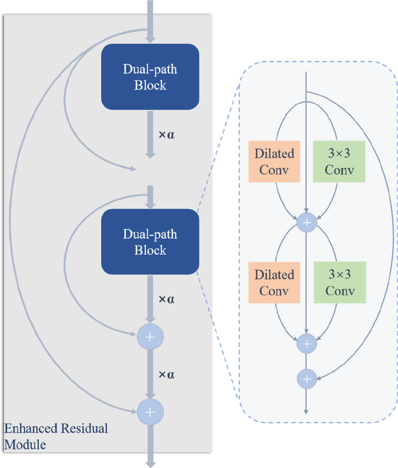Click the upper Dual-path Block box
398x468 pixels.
point(150,77)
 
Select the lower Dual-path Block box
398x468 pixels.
point(150,242)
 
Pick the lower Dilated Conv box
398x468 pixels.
point(274,282)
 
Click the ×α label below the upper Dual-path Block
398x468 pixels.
point(166,134)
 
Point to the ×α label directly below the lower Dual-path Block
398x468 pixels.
point(166,299)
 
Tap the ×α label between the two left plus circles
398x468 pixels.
point(166,374)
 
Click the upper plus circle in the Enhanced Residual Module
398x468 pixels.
point(150,336)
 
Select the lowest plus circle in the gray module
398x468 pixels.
point(150,412)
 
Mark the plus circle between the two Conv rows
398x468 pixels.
point(306,222)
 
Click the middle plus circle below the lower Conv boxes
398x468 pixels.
point(306,343)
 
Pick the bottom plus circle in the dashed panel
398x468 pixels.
point(306,379)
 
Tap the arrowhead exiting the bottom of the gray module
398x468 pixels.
point(150,463)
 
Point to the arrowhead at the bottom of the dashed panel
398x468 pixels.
point(306,411)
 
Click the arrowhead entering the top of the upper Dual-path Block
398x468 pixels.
point(150,40)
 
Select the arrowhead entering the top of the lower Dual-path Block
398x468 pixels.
point(150,205)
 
